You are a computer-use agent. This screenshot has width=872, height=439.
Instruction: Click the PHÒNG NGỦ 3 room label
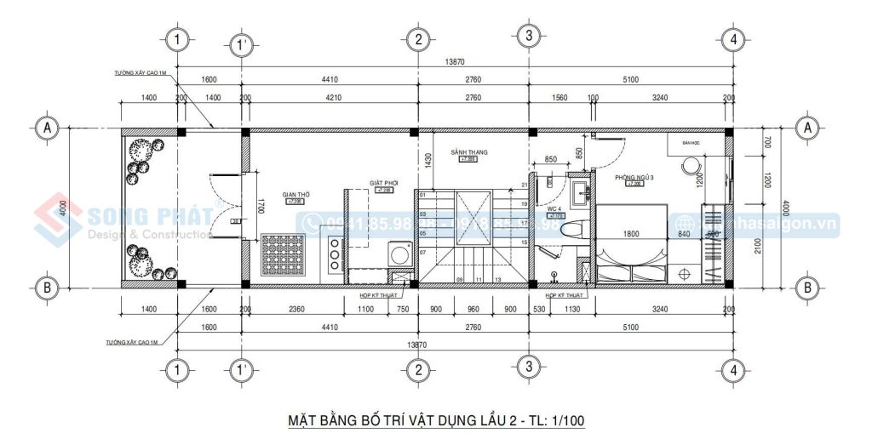[x=634, y=176]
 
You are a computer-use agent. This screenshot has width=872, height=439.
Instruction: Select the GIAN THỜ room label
[x=297, y=195]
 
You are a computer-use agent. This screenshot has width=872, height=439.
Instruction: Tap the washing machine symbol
[x=398, y=252]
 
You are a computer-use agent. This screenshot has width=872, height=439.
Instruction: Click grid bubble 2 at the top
[x=416, y=38]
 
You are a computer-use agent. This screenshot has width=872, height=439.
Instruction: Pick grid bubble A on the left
[x=48, y=128]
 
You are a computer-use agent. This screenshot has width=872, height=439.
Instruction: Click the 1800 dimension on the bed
[x=631, y=234]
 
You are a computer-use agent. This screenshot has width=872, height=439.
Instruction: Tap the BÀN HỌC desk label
[x=690, y=143]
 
